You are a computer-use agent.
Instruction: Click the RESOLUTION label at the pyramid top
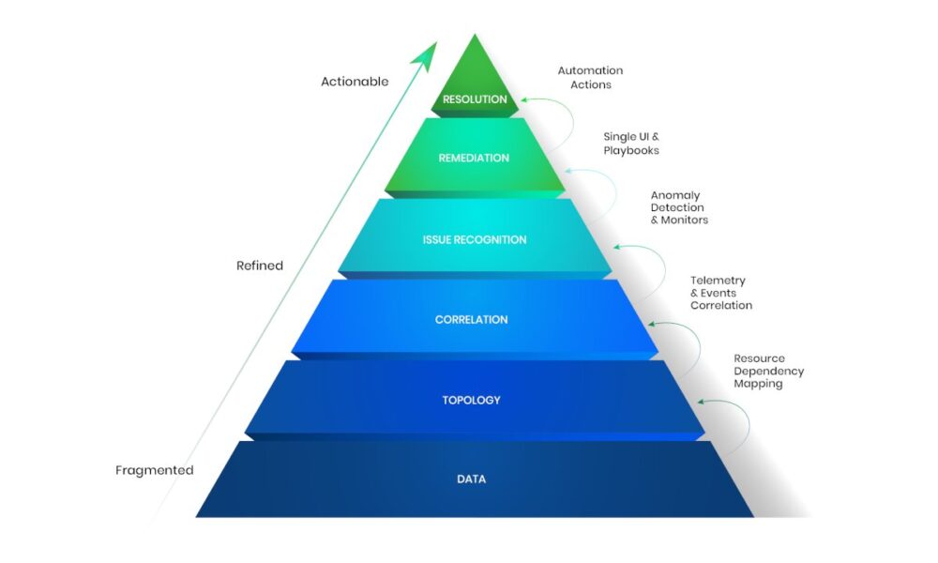pyautogui.click(x=475, y=99)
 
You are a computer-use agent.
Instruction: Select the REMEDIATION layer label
pyautogui.click(x=474, y=158)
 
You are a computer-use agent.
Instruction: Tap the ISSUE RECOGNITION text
pyautogui.click(x=475, y=240)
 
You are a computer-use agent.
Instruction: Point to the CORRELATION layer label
pyautogui.click(x=472, y=319)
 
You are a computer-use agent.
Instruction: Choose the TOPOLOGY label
pyautogui.click(x=472, y=401)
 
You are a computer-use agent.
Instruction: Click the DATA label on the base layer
pyautogui.click(x=472, y=479)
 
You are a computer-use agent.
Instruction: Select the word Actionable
pyautogui.click(x=355, y=82)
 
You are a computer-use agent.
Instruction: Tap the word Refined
pyautogui.click(x=260, y=266)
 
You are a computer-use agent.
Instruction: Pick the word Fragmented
pyautogui.click(x=155, y=470)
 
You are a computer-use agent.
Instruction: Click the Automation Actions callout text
pyautogui.click(x=590, y=78)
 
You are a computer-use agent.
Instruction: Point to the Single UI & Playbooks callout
pyautogui.click(x=631, y=144)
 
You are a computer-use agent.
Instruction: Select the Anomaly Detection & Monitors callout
pyautogui.click(x=679, y=207)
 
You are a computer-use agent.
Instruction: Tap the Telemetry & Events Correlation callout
pyautogui.click(x=721, y=293)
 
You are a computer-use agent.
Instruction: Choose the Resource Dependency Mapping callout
pyautogui.click(x=769, y=371)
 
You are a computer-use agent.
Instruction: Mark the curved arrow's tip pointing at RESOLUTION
pyautogui.click(x=522, y=99)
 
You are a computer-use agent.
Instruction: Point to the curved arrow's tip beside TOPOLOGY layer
pyautogui.click(x=699, y=402)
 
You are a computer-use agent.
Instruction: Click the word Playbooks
pyautogui.click(x=631, y=151)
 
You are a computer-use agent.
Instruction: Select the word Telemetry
pyautogui.click(x=718, y=281)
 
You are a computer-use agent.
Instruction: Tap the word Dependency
pyautogui.click(x=769, y=372)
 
